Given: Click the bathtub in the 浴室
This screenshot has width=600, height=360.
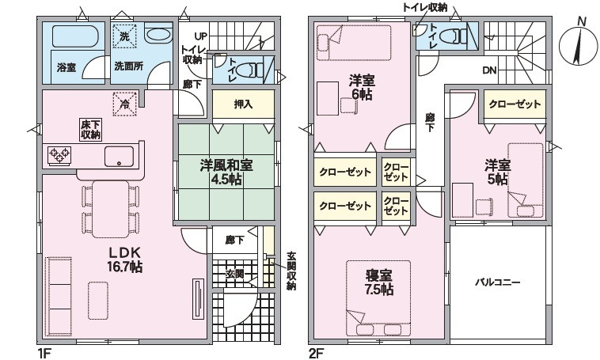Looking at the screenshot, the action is [x=75, y=36].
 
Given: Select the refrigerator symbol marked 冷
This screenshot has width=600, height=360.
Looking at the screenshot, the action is [x=125, y=103].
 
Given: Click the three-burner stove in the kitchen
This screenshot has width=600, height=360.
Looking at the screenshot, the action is [x=59, y=156].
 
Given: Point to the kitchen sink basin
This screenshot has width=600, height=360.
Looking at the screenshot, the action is [x=119, y=156].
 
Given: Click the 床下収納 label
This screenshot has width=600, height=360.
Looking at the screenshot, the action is [x=90, y=129].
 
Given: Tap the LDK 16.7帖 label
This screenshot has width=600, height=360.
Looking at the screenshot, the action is [x=125, y=259].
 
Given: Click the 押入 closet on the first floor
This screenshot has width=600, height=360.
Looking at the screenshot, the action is [x=243, y=104].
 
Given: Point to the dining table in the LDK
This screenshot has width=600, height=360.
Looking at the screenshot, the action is [x=111, y=209].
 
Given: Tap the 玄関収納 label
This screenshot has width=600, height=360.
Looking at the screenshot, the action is [x=291, y=271].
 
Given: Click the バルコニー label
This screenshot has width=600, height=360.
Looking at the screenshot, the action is [x=497, y=282].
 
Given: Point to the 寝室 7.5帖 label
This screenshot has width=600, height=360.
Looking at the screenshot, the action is [x=378, y=282].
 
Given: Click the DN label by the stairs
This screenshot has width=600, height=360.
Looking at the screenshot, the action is [x=489, y=70].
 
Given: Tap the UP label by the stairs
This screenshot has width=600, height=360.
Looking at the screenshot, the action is [x=200, y=36].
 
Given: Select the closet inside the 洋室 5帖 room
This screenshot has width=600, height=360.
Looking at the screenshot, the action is [x=515, y=104].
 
